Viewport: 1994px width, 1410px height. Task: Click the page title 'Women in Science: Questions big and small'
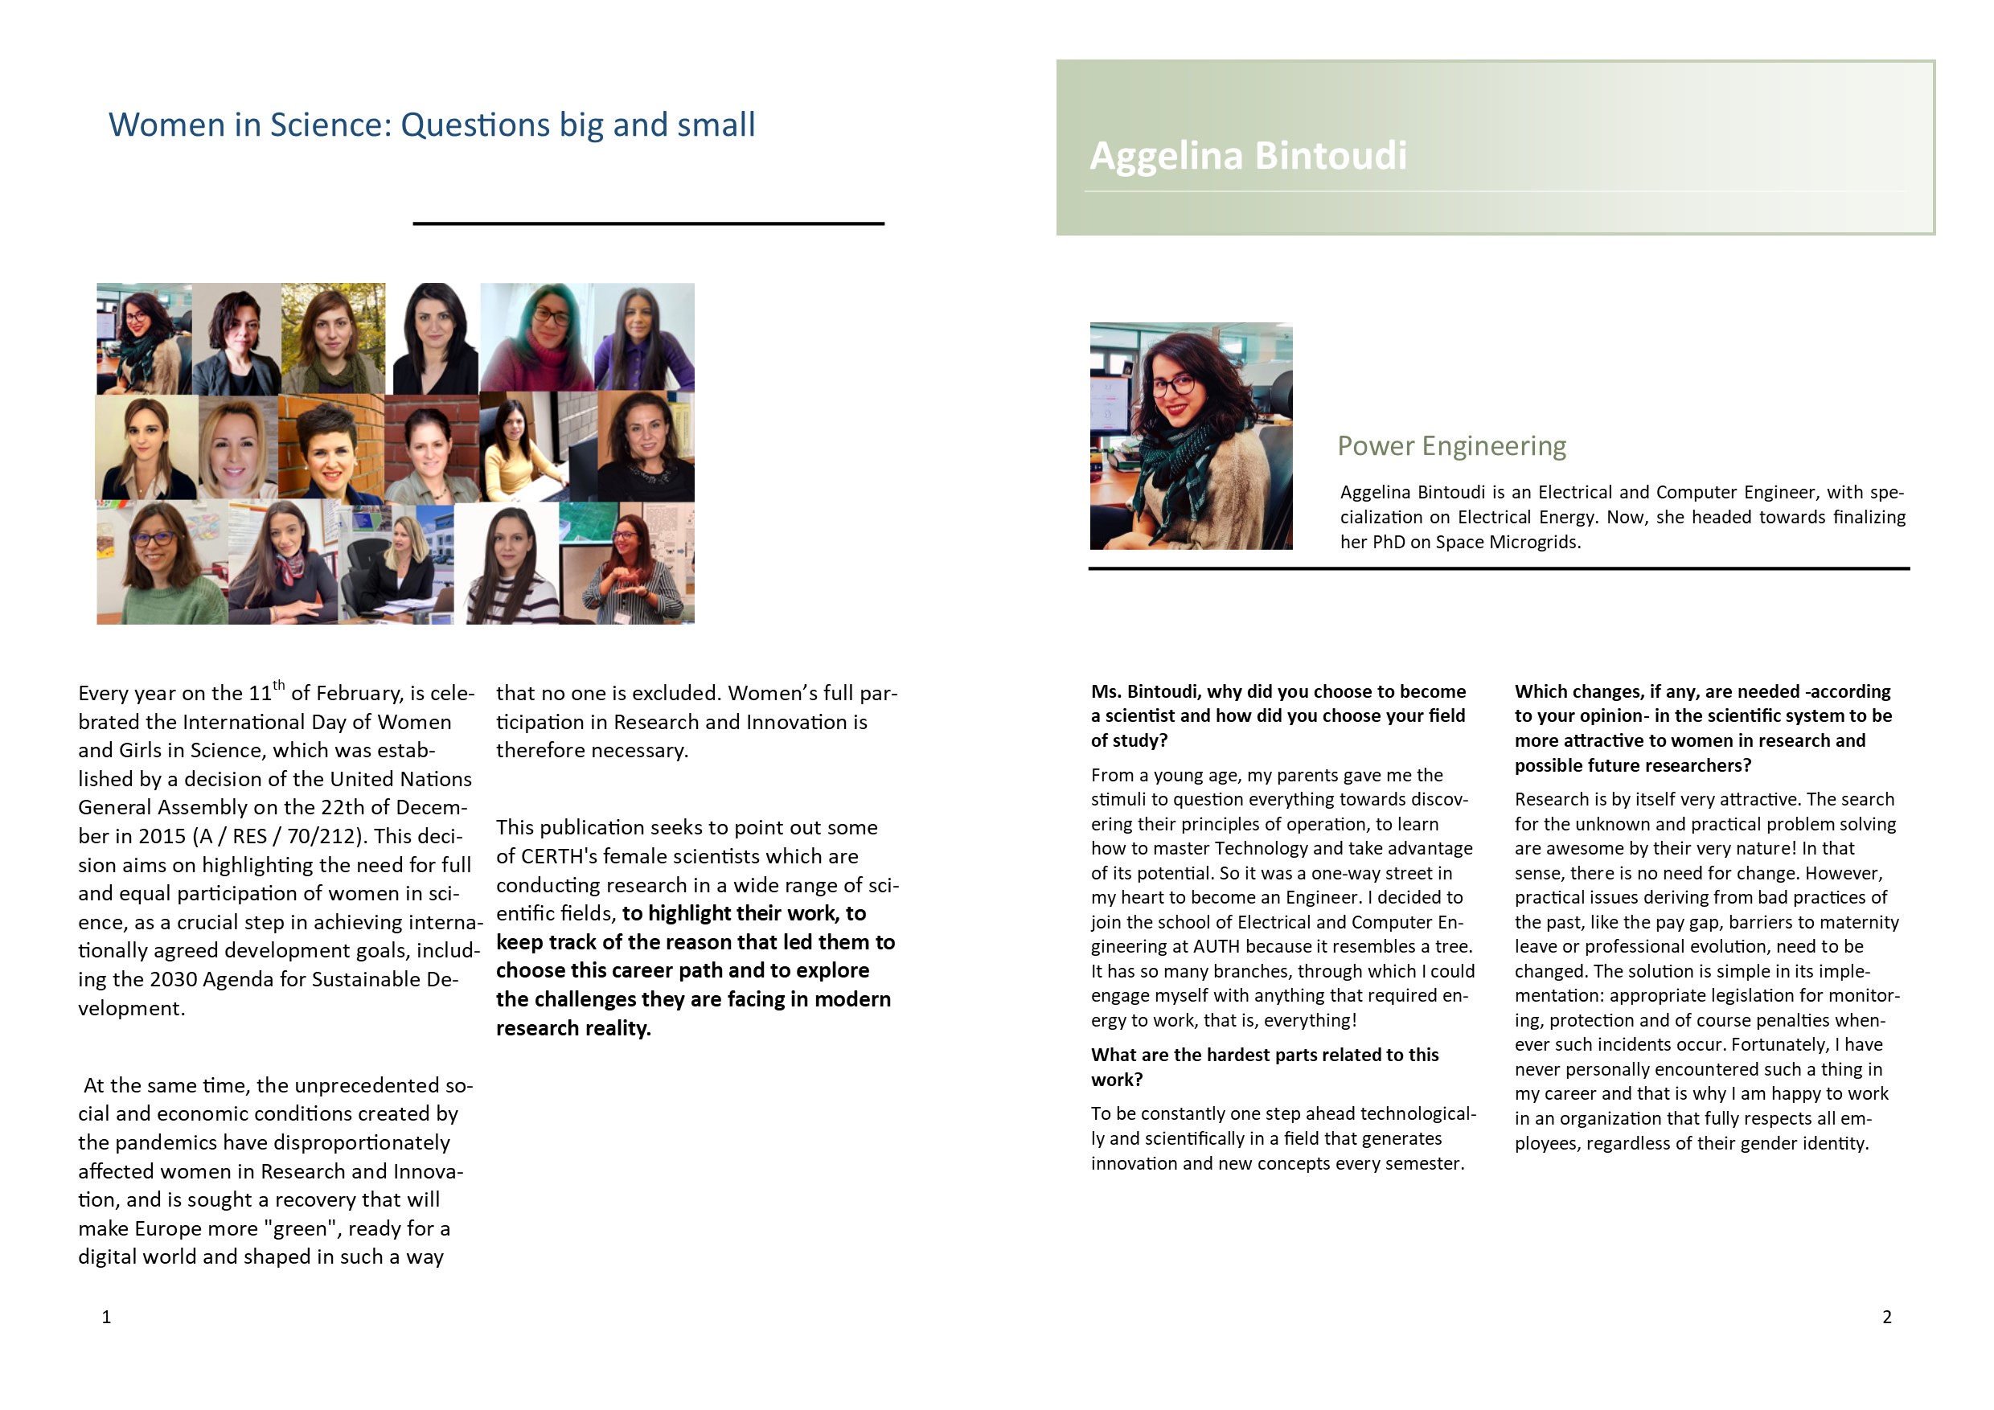coord(432,125)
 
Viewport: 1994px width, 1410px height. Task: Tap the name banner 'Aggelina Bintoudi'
coord(1247,156)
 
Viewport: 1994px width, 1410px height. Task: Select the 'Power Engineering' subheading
coord(1451,446)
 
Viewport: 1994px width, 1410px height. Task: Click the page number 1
coord(107,1317)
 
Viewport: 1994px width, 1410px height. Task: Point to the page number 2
coord(1886,1317)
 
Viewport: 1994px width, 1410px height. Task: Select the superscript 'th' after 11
coord(279,685)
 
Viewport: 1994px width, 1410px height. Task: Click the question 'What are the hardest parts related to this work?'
coord(1265,1067)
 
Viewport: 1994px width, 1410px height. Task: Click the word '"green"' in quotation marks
coord(301,1228)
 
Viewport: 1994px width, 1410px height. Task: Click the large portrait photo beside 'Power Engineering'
coord(1191,436)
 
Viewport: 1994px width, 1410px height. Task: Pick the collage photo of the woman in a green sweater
coord(162,563)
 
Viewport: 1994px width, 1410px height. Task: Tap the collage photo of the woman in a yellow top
coord(519,446)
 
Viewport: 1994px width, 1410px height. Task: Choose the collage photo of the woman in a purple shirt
coord(644,338)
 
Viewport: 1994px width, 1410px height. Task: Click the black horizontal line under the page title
coord(648,224)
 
